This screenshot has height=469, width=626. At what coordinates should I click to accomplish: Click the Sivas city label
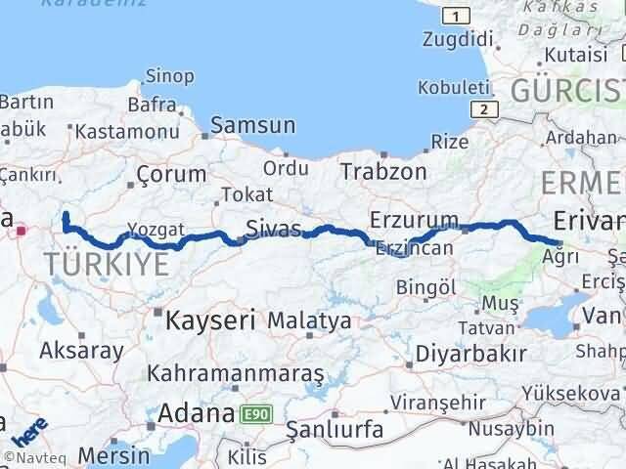coord(275,230)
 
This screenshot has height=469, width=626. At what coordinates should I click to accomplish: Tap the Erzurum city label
coord(415,219)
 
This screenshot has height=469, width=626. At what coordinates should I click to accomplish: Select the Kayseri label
coord(210,320)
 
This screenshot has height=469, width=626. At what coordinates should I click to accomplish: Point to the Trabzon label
coord(383,172)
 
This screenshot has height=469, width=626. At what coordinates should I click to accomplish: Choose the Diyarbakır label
coord(471,353)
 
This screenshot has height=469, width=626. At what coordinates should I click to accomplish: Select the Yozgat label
coord(155,229)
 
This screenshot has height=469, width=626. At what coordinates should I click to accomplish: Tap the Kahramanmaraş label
coord(235,374)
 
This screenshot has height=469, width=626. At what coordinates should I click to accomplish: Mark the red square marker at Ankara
coord(21,232)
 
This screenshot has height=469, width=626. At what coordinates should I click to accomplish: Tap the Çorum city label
coord(171,175)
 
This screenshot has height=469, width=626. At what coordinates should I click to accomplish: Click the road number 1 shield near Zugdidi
coord(455,15)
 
